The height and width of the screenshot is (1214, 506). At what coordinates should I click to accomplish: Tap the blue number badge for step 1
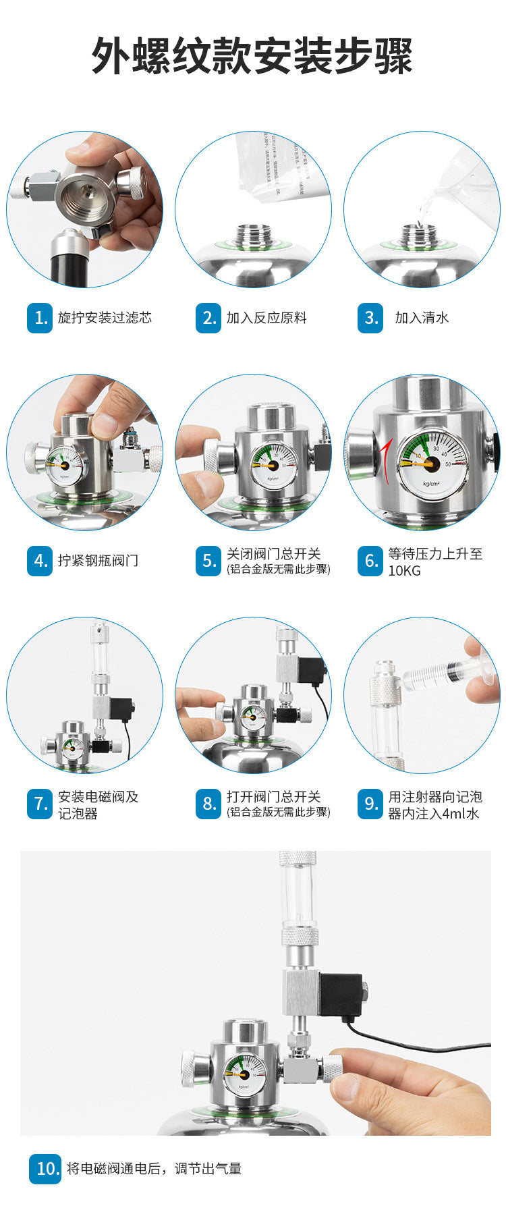coord(40,318)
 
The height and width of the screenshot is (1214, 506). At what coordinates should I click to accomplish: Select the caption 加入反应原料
coord(266,318)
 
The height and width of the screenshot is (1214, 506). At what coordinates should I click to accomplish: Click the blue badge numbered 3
coord(370,318)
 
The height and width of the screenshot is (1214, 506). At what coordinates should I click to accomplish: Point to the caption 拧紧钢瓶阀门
coord(98,561)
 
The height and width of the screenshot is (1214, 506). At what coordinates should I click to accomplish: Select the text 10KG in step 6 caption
coord(404,571)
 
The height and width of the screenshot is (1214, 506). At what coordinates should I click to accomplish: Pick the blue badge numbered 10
coord(46,1169)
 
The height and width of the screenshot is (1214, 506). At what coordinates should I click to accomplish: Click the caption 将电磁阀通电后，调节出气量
coord(154,1169)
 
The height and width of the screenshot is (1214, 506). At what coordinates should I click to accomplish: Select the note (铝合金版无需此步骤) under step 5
coord(278,570)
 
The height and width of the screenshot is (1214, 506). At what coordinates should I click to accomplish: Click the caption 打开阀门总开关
coord(273,797)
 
